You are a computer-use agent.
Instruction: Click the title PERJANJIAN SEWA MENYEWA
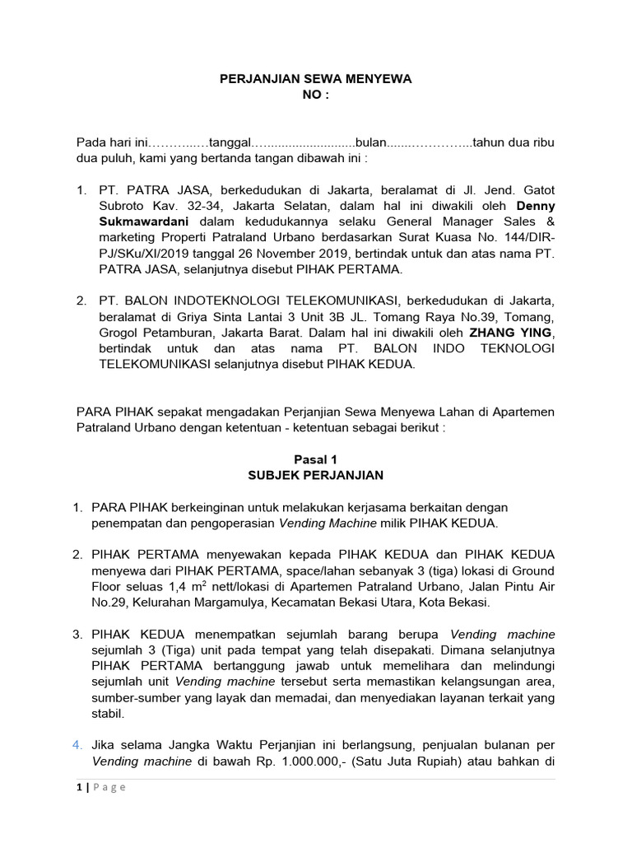pyautogui.click(x=316, y=79)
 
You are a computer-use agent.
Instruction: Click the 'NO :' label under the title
pyautogui.click(x=316, y=95)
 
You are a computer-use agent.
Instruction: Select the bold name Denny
pyautogui.click(x=535, y=205)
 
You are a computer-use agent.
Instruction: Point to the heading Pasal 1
pyautogui.click(x=316, y=459)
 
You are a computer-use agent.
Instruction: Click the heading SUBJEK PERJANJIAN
pyautogui.click(x=316, y=475)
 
